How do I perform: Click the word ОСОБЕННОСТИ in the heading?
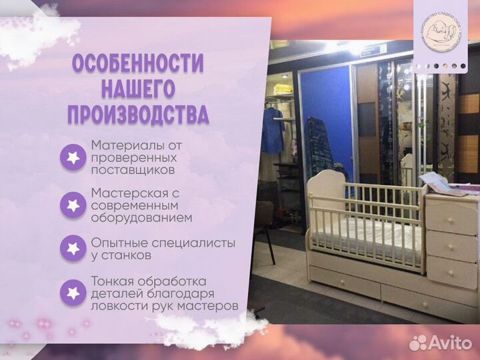(x=137, y=65)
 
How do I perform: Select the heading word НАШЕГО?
(x=137, y=89)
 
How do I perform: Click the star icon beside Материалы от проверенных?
(x=73, y=158)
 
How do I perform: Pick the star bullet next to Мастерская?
(x=73, y=205)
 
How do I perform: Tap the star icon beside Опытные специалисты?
(x=73, y=249)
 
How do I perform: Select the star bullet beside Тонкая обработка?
(x=73, y=293)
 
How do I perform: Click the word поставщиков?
(x=133, y=170)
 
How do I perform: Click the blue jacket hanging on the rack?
(x=271, y=130)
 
